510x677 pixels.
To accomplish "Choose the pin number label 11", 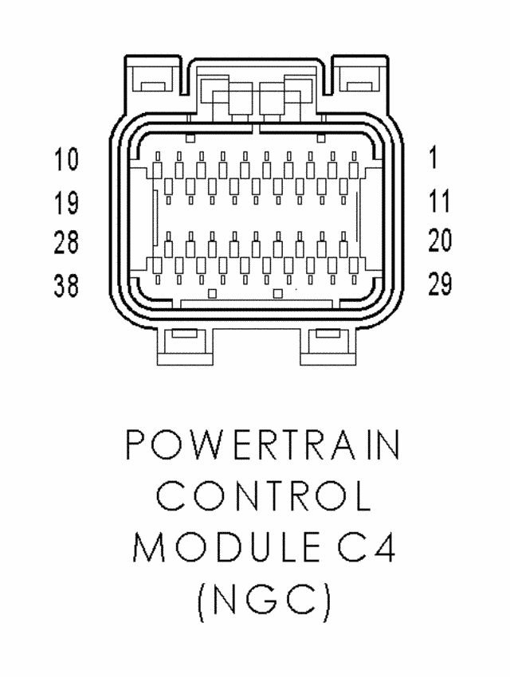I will click(x=439, y=203).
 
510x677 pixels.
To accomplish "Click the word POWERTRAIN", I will click(x=262, y=445).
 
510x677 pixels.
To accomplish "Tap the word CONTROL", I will click(x=264, y=497).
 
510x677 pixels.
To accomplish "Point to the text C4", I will click(x=353, y=550).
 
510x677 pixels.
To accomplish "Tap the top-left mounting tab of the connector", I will click(x=148, y=78).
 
